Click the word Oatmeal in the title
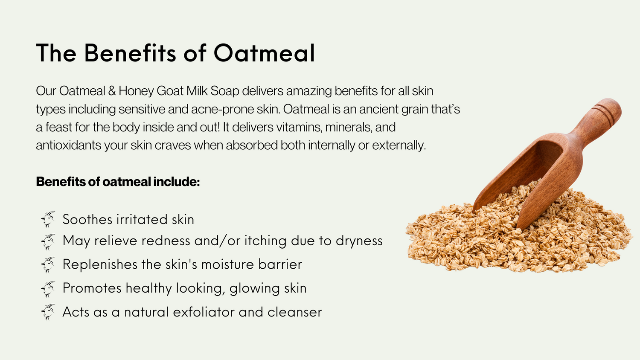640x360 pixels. tap(264, 53)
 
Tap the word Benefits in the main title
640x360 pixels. tap(130, 53)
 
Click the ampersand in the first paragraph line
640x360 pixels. tap(112, 91)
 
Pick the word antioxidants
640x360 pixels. tap(69, 145)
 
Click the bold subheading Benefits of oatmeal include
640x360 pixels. tap(118, 182)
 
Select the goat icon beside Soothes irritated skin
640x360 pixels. tap(48, 219)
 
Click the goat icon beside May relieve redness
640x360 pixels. tap(48, 242)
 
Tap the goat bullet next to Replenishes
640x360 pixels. tap(48, 264)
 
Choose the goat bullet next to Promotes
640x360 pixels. tap(48, 289)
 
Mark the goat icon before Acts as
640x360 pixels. tap(48, 312)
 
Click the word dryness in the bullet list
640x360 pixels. tap(359, 241)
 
